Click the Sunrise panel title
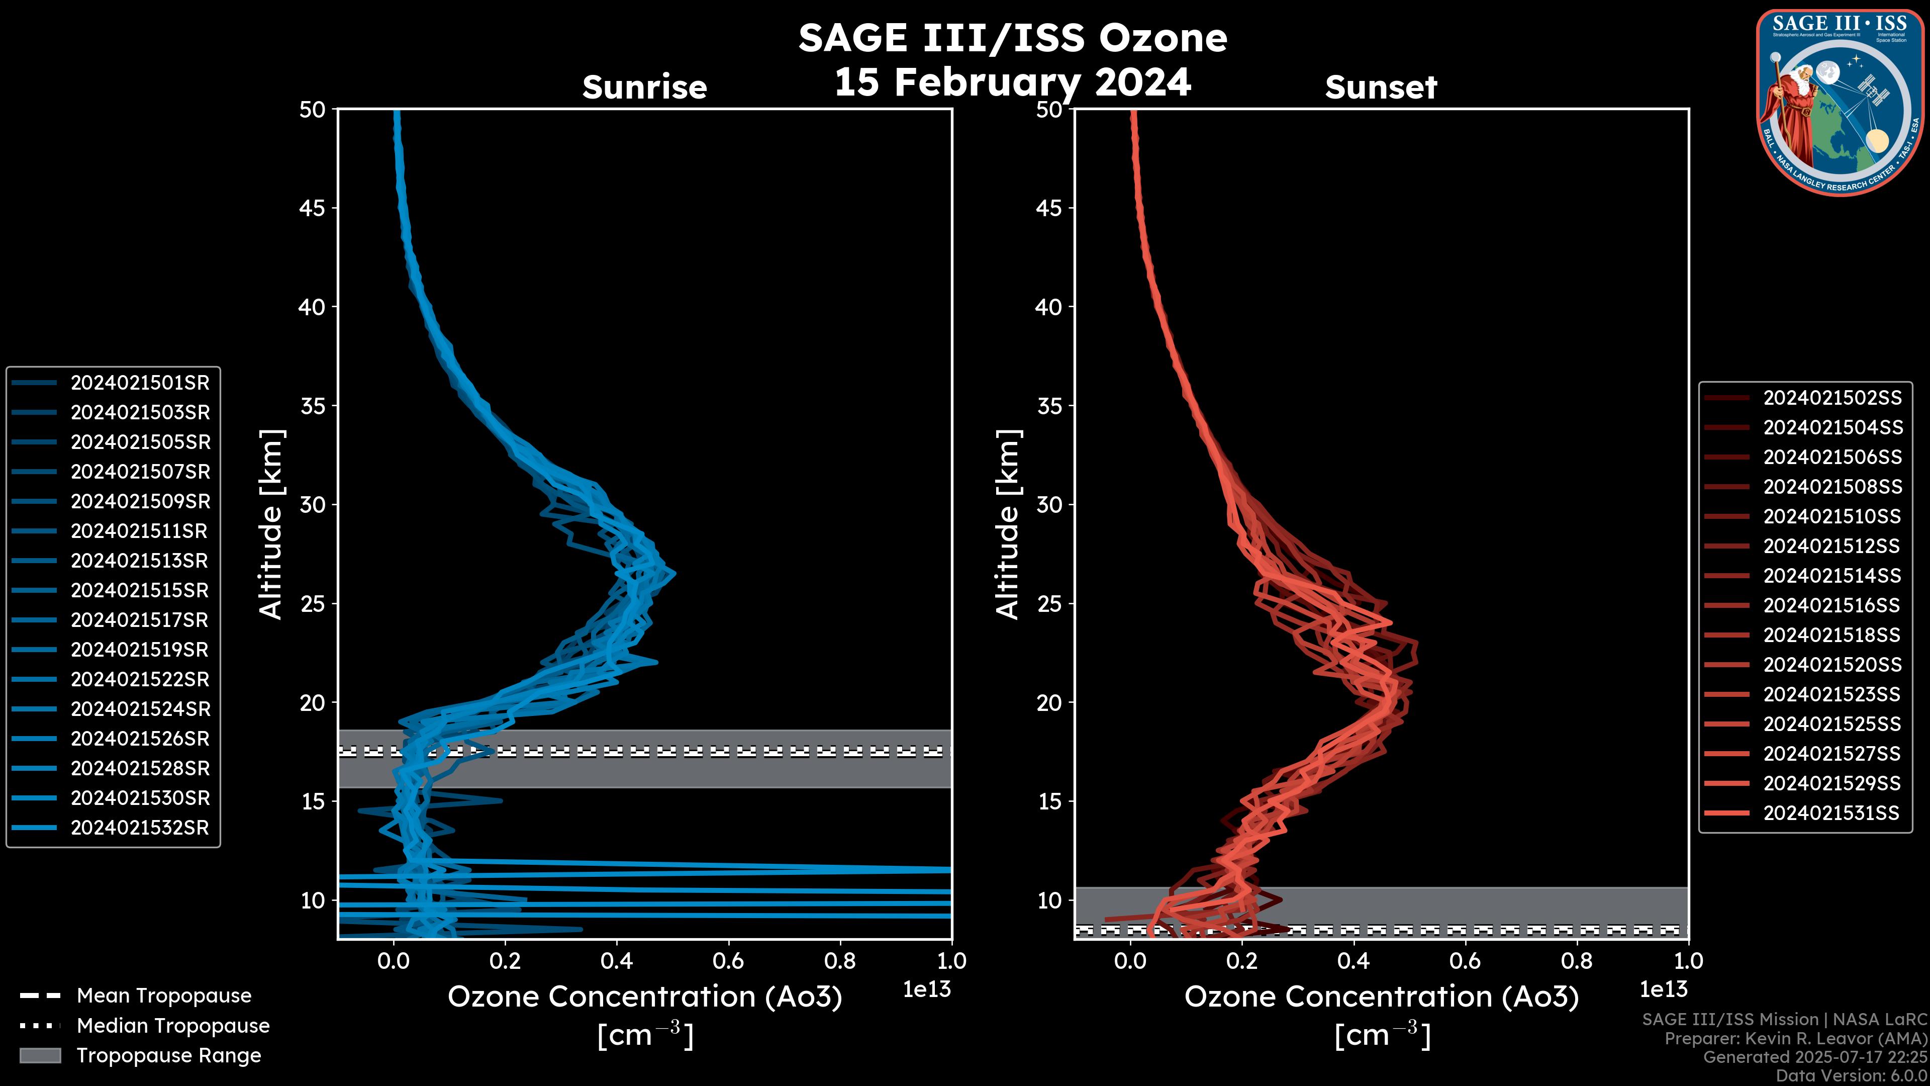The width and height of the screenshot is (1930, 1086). click(x=644, y=87)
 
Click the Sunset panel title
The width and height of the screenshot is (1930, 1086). click(x=1381, y=87)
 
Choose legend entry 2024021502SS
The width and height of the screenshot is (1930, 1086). click(x=1832, y=398)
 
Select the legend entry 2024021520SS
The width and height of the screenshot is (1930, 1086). click(x=1832, y=665)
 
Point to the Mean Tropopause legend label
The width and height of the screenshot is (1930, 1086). click(x=164, y=995)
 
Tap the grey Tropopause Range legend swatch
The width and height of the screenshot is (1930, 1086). click(x=40, y=1055)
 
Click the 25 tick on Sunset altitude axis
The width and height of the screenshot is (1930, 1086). click(x=1049, y=603)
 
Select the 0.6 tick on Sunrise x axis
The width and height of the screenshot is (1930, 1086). click(x=728, y=961)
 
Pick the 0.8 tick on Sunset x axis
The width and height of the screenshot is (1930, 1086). click(x=1576, y=961)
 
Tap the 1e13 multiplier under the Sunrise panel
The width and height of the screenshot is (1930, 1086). click(x=927, y=989)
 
